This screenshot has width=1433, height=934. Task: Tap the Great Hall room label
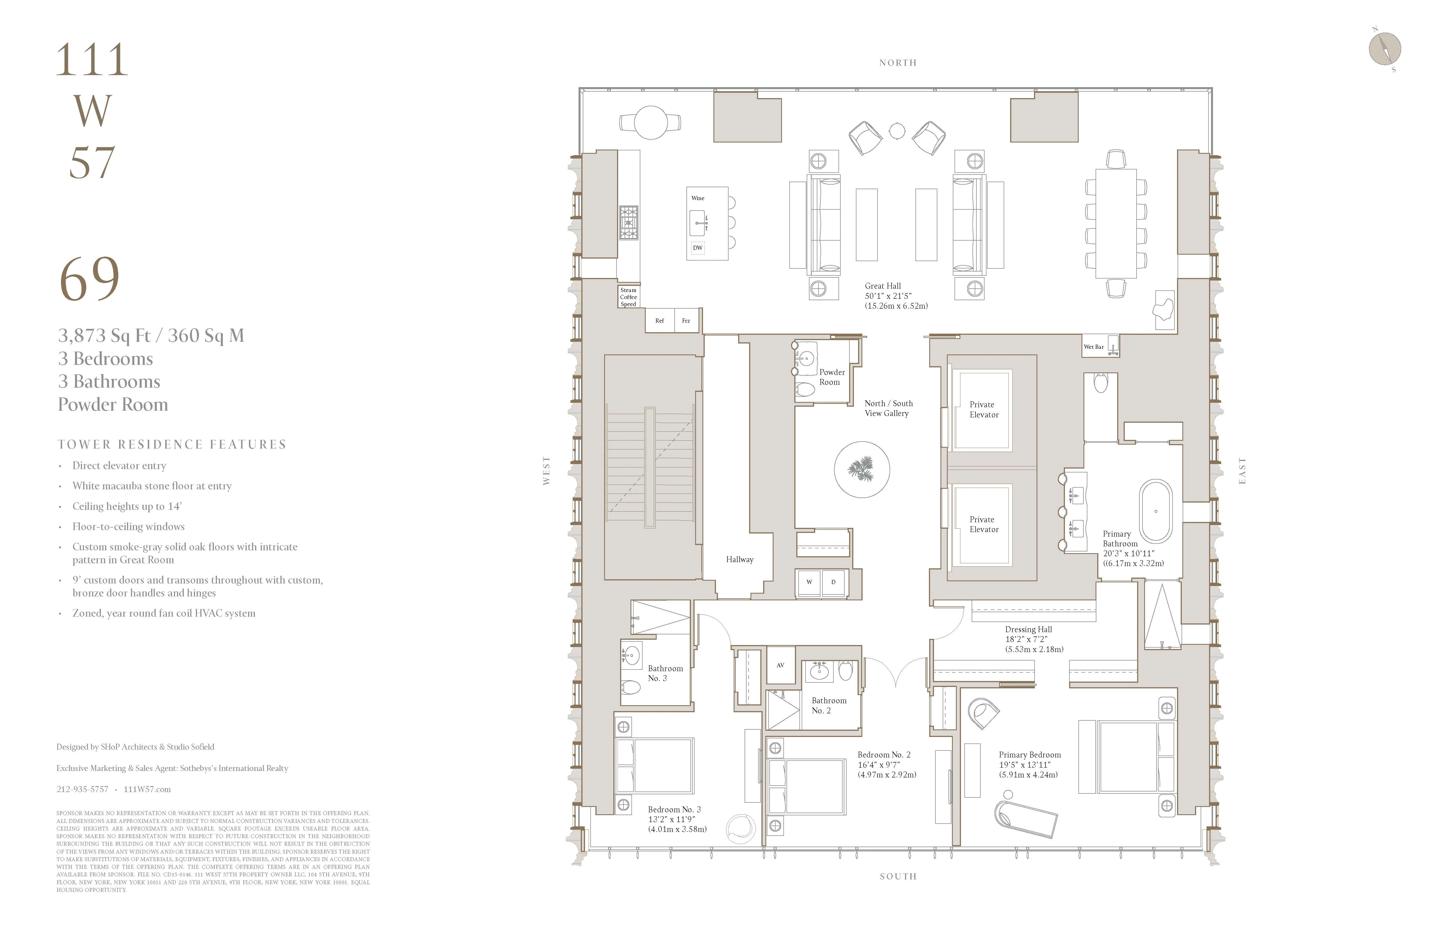click(x=883, y=286)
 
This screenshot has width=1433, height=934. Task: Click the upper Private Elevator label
click(x=983, y=410)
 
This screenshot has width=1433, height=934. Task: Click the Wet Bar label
click(x=1093, y=347)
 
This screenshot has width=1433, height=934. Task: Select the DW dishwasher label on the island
click(x=697, y=248)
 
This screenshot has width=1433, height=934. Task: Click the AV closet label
click(x=780, y=665)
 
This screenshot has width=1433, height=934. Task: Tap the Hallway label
click(x=739, y=559)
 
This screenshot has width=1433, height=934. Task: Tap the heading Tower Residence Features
click(x=172, y=444)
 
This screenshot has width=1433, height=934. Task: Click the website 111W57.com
click(x=147, y=789)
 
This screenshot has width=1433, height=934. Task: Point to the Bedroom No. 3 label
click(x=674, y=809)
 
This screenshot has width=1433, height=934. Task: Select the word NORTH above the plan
click(x=897, y=63)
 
